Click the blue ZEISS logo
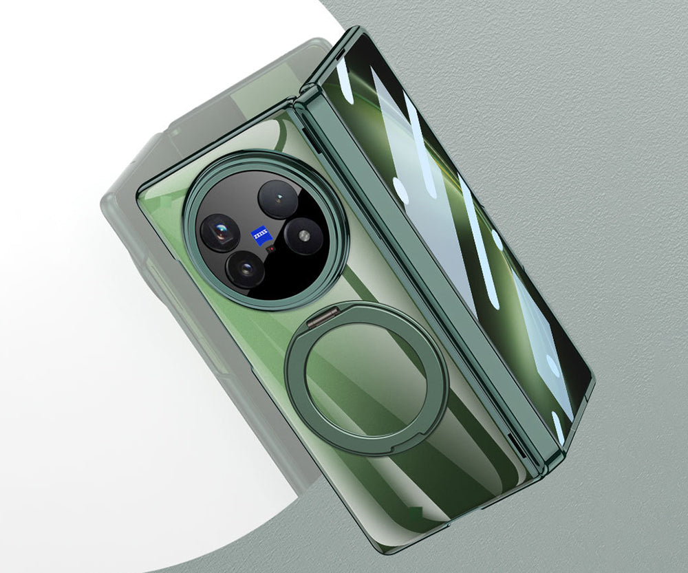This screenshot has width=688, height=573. click(261, 236)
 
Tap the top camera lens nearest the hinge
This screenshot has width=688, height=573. click(278, 199)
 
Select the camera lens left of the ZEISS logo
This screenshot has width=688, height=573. click(220, 233)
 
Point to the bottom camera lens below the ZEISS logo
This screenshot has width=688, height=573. click(246, 268)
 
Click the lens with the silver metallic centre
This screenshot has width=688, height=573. click(303, 237)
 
